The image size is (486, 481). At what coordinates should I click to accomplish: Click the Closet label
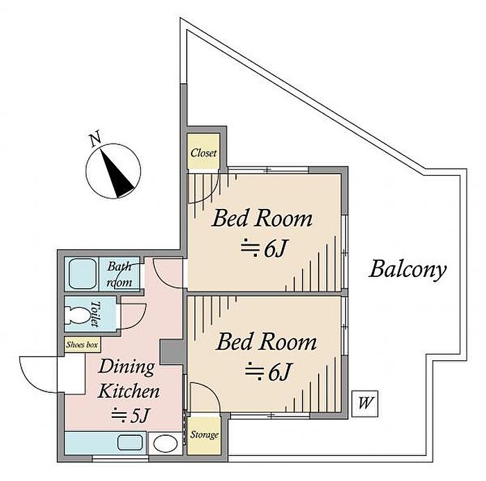tap(203, 153)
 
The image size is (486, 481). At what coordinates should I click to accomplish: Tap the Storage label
tap(204, 435)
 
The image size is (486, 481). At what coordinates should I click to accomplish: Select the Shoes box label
tap(82, 345)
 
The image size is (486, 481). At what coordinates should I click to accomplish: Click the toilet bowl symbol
tap(76, 315)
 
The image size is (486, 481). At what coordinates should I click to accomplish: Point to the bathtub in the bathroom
tap(82, 273)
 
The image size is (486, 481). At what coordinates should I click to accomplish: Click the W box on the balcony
tap(364, 403)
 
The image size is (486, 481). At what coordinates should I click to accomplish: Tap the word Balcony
tap(408, 269)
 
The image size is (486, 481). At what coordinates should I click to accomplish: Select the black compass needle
tap(117, 173)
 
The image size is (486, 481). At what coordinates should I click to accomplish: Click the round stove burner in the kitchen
tap(165, 444)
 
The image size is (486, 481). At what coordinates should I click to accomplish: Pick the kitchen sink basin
tap(131, 443)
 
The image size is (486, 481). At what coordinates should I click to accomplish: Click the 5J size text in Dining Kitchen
tap(131, 415)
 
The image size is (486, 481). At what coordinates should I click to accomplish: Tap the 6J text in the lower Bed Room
tap(268, 371)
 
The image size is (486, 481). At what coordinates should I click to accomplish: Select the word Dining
tap(126, 367)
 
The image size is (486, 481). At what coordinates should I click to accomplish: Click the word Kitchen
tap(128, 391)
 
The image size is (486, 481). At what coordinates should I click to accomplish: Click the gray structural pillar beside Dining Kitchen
tap(171, 352)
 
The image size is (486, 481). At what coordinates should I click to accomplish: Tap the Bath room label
tap(119, 275)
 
